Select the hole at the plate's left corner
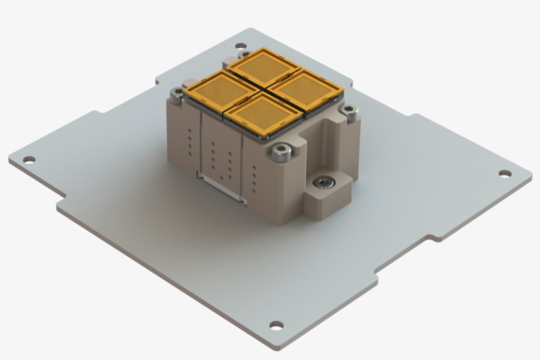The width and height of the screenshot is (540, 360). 28,159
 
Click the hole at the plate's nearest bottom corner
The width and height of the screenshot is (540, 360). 276,325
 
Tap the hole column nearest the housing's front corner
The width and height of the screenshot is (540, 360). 254,176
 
